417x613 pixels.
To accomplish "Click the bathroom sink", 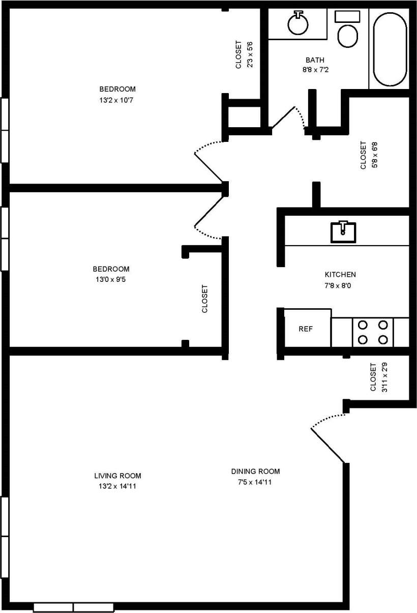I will pos(297,23).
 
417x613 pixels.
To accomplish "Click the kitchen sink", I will pos(343,231).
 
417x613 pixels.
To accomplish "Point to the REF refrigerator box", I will pos(306,329).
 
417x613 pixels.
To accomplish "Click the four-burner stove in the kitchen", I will pos(372,332).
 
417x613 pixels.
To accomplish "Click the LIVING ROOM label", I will pos(117,476).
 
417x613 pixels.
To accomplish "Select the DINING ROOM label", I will pos(255,471).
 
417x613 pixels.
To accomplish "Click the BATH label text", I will pos(315,60).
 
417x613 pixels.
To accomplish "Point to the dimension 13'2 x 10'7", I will pos(116,100).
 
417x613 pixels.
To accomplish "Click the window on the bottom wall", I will pos(73,607).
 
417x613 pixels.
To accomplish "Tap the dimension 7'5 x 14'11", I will pos(255,482).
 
